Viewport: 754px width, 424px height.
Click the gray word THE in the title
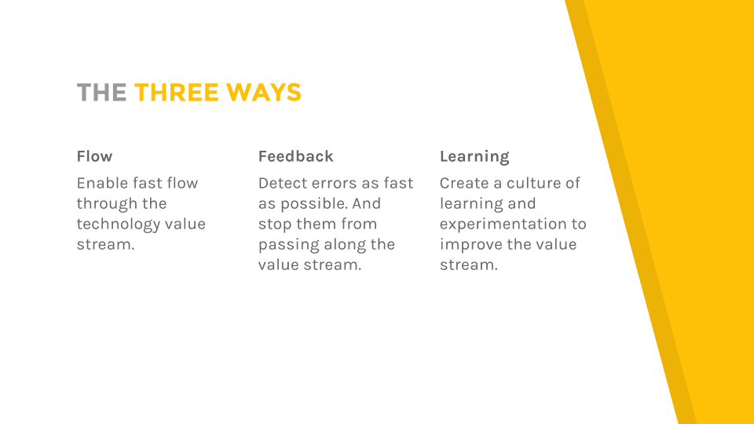click(x=101, y=93)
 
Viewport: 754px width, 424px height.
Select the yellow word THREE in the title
click(x=177, y=93)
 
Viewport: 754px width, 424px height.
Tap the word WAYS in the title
click(x=264, y=93)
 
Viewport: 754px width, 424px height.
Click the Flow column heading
click(x=95, y=156)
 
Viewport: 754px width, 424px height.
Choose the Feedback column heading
click(x=296, y=156)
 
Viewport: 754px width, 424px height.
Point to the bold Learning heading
click(x=474, y=157)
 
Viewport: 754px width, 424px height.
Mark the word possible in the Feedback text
click(x=314, y=204)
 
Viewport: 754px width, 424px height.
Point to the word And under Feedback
click(x=367, y=203)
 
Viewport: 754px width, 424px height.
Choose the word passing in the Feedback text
click(x=289, y=245)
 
